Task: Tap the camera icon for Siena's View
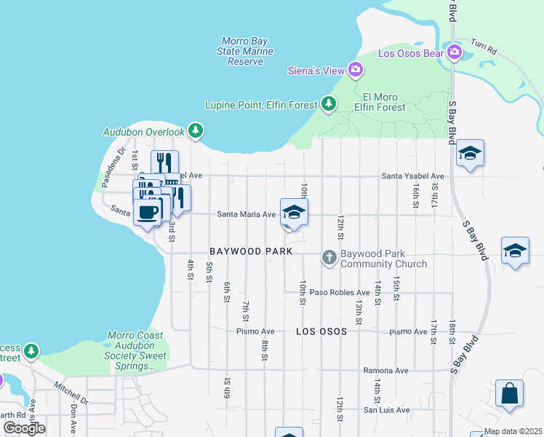click(x=356, y=70)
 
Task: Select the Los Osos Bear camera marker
click(x=455, y=52)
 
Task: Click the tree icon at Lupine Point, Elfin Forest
click(x=329, y=104)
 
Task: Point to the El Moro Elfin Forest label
click(x=384, y=102)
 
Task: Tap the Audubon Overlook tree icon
click(x=195, y=131)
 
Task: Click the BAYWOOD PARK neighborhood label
click(x=251, y=251)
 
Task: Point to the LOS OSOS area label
click(x=321, y=331)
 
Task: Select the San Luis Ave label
click(x=388, y=409)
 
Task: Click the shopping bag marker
click(x=509, y=393)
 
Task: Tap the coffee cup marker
click(x=147, y=212)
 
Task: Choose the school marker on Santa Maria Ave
click(x=294, y=213)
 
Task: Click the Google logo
click(x=24, y=428)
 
